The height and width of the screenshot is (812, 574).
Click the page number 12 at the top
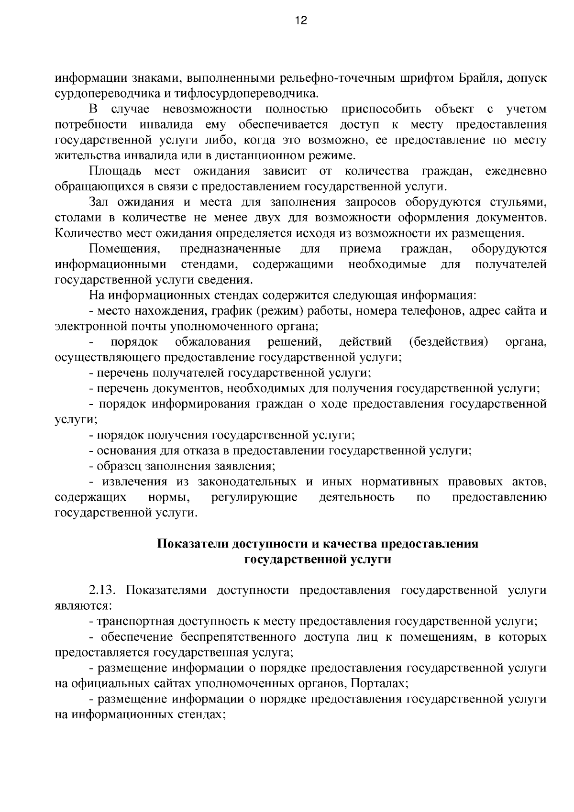click(301, 20)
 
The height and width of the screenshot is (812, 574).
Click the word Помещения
click(124, 249)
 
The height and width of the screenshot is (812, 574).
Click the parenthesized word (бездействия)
click(449, 342)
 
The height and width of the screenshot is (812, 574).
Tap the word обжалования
click(212, 342)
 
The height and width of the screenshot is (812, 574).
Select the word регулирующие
click(254, 497)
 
